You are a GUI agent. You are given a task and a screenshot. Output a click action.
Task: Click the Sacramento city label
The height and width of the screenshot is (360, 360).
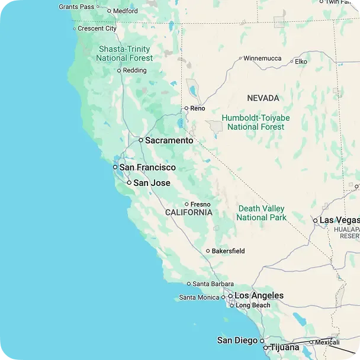click(x=169, y=141)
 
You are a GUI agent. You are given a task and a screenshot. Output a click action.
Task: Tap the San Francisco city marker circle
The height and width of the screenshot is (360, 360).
click(x=115, y=168)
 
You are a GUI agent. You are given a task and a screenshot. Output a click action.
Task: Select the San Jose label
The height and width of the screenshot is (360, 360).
click(x=152, y=183)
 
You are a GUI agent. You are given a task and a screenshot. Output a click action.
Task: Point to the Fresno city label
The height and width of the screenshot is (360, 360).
click(x=200, y=204)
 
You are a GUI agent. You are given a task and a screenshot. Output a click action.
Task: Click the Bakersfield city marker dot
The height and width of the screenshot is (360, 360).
click(x=207, y=251)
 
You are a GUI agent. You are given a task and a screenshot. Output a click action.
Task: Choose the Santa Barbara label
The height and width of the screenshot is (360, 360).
click(x=213, y=284)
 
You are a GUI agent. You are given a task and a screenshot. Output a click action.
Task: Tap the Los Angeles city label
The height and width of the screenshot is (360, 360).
click(x=259, y=295)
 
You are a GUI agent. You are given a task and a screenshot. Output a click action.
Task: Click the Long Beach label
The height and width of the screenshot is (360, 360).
click(x=253, y=306)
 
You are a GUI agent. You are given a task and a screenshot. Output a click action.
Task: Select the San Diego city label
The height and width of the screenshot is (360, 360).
click(x=237, y=340)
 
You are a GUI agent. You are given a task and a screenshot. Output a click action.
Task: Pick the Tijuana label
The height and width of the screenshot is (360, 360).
click(x=285, y=348)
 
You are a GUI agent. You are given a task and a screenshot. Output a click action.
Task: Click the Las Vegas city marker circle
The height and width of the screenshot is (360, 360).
click(x=316, y=220)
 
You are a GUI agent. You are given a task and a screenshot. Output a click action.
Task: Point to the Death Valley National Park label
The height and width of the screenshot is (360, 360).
click(x=261, y=213)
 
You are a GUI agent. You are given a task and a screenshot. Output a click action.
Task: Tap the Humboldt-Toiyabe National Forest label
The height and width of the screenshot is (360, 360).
click(x=256, y=122)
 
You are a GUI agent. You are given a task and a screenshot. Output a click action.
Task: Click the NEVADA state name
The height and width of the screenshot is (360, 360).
click(x=263, y=98)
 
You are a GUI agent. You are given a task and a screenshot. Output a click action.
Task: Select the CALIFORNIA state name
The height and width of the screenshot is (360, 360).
click(x=188, y=212)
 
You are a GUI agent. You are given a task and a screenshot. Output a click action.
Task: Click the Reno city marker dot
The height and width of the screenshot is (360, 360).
click(x=186, y=108)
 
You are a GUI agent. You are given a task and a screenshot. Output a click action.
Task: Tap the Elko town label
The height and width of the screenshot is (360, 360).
click(x=301, y=61)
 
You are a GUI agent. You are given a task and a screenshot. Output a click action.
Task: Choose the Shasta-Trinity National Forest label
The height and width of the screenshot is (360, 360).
click(x=125, y=53)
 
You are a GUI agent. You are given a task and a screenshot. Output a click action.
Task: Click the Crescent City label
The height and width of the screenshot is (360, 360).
click(x=97, y=28)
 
